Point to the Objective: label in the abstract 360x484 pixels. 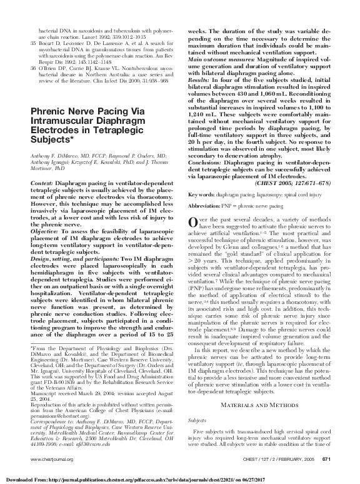[x=46, y=213]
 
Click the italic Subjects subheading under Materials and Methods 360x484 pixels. [x=198, y=439]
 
